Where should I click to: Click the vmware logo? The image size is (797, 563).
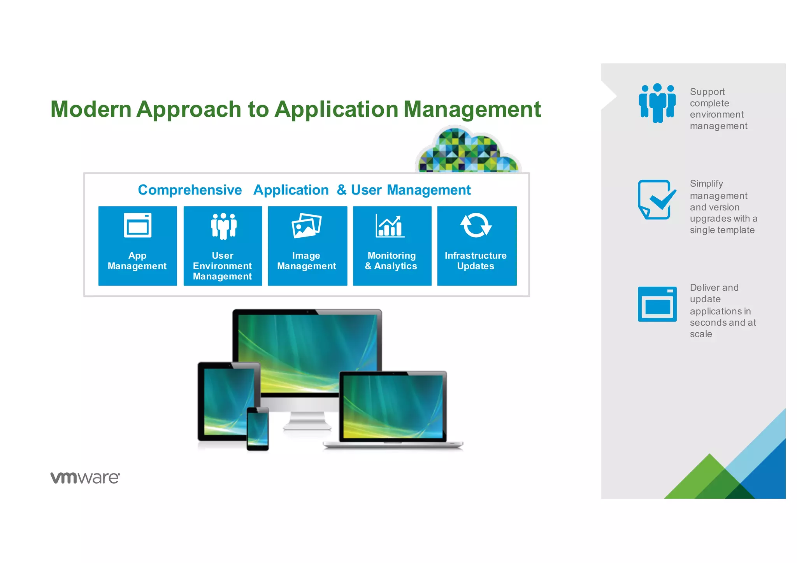[x=85, y=477]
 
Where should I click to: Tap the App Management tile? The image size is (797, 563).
[x=137, y=246]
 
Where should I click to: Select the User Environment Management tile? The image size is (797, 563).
[x=223, y=246]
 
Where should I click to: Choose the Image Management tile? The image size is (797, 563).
[x=307, y=246]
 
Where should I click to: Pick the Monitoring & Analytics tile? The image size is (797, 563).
[x=392, y=246]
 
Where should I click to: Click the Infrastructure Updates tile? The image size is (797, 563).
[x=477, y=246]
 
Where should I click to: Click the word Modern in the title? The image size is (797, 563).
[x=91, y=109]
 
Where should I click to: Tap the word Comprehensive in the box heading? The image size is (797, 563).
[x=190, y=190]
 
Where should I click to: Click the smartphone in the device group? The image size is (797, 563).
[x=258, y=428]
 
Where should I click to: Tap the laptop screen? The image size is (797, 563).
[x=393, y=406]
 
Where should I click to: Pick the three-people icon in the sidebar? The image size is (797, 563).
[x=657, y=103]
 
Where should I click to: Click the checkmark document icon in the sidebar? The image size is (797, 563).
[x=656, y=200]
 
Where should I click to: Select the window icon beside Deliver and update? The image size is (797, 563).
[x=657, y=304]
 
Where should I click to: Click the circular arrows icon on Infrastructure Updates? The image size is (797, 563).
[x=476, y=225]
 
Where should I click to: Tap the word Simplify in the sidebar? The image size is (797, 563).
[x=706, y=183]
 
